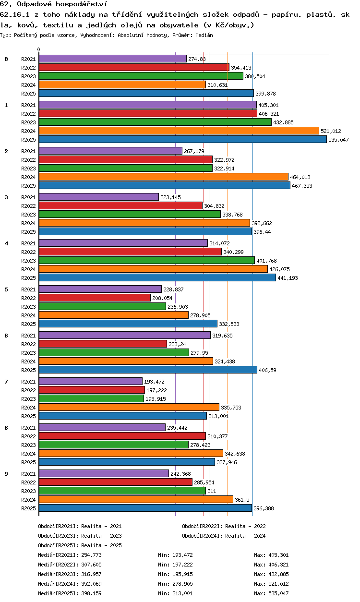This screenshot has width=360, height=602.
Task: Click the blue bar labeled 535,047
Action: (183, 140)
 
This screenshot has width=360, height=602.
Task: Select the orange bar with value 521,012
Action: (179, 131)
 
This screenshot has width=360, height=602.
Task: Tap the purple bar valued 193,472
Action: (91, 381)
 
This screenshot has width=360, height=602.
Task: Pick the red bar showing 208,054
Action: (95, 298)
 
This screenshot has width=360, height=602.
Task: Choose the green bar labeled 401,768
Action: (147, 260)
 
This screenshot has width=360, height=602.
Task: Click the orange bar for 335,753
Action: (129, 408)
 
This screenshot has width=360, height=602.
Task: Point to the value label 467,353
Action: (302, 186)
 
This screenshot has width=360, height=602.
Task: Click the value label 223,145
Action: (170, 197)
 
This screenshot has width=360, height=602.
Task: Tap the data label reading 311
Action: (212, 491)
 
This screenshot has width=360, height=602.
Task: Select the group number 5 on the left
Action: (6, 289)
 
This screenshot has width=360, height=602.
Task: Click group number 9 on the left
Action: (6, 474)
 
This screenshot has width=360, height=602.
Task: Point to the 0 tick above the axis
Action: (39, 49)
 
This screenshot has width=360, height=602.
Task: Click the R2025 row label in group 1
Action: (28, 140)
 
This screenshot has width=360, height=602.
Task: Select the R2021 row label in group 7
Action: (28, 382)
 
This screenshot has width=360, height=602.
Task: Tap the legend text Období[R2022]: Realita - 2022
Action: (224, 526)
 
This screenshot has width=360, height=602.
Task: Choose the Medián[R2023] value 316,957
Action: (91, 574)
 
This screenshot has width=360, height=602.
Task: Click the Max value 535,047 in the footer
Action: (278, 593)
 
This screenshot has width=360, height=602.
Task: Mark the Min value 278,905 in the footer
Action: (182, 584)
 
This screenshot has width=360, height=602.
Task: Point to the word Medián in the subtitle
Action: (204, 35)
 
